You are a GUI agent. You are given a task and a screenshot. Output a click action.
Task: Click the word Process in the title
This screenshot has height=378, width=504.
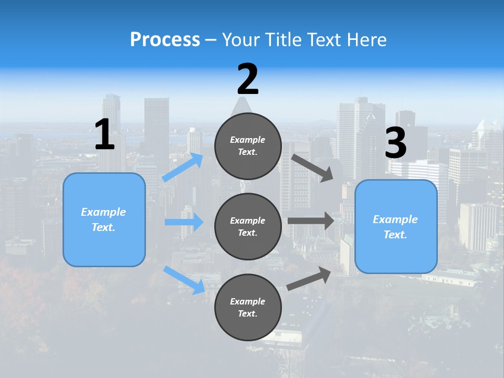pyautogui.click(x=165, y=39)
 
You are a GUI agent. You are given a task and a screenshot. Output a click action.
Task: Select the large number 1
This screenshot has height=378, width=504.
pyautogui.click(x=104, y=135)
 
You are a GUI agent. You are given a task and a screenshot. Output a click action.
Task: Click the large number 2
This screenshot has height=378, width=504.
pyautogui.click(x=248, y=79)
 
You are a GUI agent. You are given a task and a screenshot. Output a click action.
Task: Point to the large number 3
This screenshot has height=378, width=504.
pyautogui.click(x=395, y=143)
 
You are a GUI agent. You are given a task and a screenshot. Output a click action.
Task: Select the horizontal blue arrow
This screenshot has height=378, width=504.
pyautogui.click(x=184, y=222)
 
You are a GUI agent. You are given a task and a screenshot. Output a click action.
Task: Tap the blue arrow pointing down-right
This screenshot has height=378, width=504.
pyautogui.click(x=184, y=280)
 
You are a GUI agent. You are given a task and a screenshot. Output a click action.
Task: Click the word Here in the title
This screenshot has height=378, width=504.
pyautogui.click(x=366, y=39)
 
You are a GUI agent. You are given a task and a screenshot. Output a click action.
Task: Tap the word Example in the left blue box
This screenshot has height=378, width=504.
pyautogui.click(x=103, y=212)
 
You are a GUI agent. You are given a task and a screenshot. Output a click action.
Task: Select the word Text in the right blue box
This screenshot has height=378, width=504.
pyautogui.click(x=395, y=235)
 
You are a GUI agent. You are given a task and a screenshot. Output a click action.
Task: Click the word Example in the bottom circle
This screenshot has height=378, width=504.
pyautogui.click(x=247, y=301)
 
